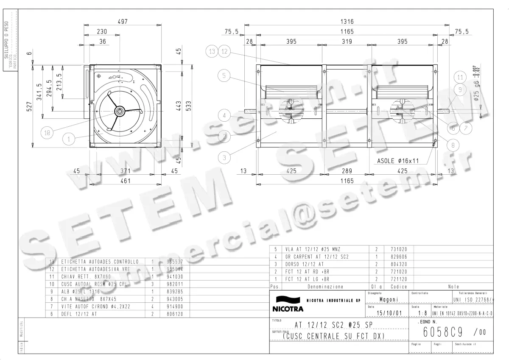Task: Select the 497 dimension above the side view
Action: coord(123,21)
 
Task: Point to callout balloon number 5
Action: coord(225,76)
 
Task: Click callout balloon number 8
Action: coord(453,145)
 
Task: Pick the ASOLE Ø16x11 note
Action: coord(398,161)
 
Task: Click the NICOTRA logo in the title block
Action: coord(287,304)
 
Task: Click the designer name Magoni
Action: coord(388,299)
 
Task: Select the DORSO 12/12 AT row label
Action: coord(303,264)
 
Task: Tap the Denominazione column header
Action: coord(325,287)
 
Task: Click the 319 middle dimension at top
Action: coord(347,42)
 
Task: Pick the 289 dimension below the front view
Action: coord(347,171)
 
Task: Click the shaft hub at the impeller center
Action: coord(120,112)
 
